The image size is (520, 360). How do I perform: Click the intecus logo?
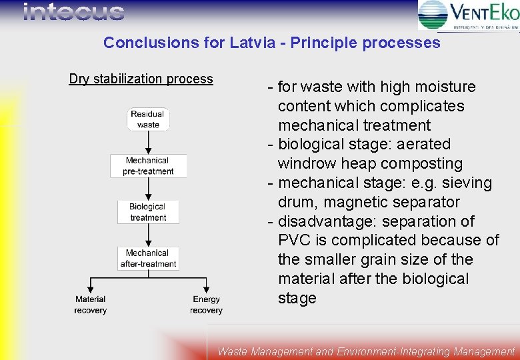point(73,12)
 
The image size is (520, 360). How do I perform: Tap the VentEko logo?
point(468,15)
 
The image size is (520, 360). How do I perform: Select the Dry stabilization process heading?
point(141,79)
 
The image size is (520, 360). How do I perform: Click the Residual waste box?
point(148,119)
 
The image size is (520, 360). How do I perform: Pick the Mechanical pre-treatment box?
point(148,166)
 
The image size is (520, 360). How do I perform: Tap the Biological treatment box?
point(148,212)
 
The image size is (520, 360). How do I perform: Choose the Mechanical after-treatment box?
point(148,258)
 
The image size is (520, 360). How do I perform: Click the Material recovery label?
point(90,305)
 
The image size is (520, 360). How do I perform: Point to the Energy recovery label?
point(206,305)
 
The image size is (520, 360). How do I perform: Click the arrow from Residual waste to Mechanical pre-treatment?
point(148,142)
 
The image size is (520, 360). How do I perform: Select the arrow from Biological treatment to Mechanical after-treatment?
point(148,235)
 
